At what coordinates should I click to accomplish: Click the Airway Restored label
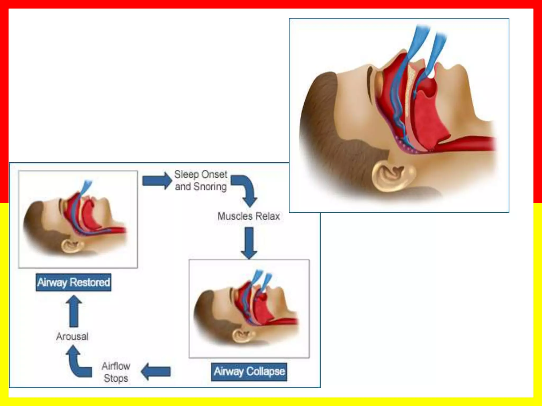(74, 282)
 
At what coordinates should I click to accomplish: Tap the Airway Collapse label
(249, 372)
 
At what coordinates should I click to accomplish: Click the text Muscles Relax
(249, 216)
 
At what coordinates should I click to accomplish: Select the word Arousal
(72, 336)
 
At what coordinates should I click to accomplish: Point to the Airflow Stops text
(116, 372)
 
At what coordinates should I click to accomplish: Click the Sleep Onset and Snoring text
(201, 181)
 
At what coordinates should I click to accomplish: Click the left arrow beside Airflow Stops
(156, 371)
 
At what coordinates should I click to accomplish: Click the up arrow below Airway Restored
(74, 311)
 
